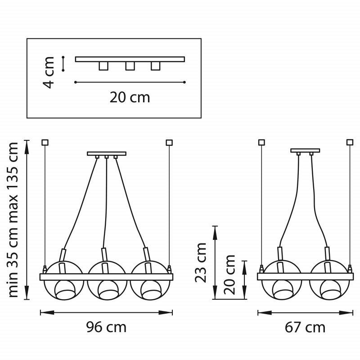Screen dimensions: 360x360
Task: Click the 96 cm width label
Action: pyautogui.click(x=106, y=327)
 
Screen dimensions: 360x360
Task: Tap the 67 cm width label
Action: pyautogui.click(x=305, y=328)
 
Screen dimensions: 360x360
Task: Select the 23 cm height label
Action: pyautogui.click(x=201, y=262)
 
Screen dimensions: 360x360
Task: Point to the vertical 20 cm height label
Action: pyautogui.click(x=229, y=274)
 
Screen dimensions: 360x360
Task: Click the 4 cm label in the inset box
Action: pyautogui.click(x=49, y=72)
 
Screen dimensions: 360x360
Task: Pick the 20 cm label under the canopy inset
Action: pyautogui.click(x=130, y=97)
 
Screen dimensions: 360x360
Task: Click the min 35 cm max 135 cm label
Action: pyautogui.click(x=13, y=220)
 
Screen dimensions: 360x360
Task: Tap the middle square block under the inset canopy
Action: pyautogui.click(x=130, y=66)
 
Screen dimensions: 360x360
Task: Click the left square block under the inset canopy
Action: pyautogui.click(x=103, y=66)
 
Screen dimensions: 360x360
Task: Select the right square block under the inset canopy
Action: pyautogui.click(x=155, y=66)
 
